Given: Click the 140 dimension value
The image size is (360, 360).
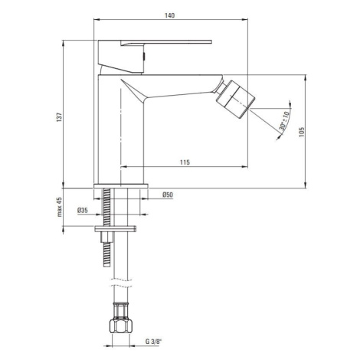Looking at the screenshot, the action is [169, 15].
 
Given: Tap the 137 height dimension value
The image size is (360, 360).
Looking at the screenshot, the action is [60, 117].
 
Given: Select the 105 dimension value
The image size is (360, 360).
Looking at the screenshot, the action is [302, 133].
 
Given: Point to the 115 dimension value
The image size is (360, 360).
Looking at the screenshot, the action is [185, 162].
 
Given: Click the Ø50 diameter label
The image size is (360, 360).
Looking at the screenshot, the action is [168, 195].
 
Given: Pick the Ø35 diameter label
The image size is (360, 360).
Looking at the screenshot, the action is [83, 211].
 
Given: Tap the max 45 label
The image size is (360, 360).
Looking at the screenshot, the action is [60, 207].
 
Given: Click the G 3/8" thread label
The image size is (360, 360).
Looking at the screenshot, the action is [154, 342].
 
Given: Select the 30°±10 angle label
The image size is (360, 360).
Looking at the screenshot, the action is [284, 121].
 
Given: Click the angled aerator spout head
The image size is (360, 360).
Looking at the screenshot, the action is [235, 99].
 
